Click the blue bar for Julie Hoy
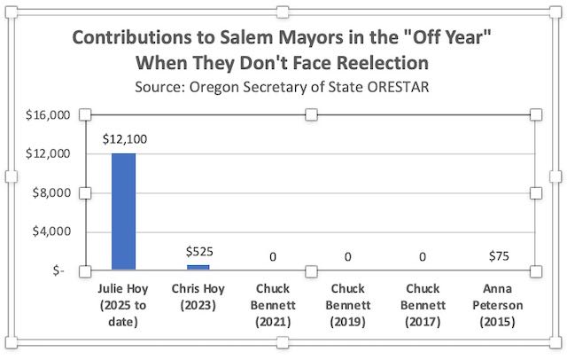pos(123,211)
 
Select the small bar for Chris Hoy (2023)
pos(198,267)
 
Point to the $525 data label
pos(198,253)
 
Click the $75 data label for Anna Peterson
pos(499,257)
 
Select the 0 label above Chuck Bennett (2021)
pos(274,257)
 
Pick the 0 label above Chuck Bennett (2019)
pos(349,257)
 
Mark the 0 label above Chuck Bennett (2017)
pos(424,257)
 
